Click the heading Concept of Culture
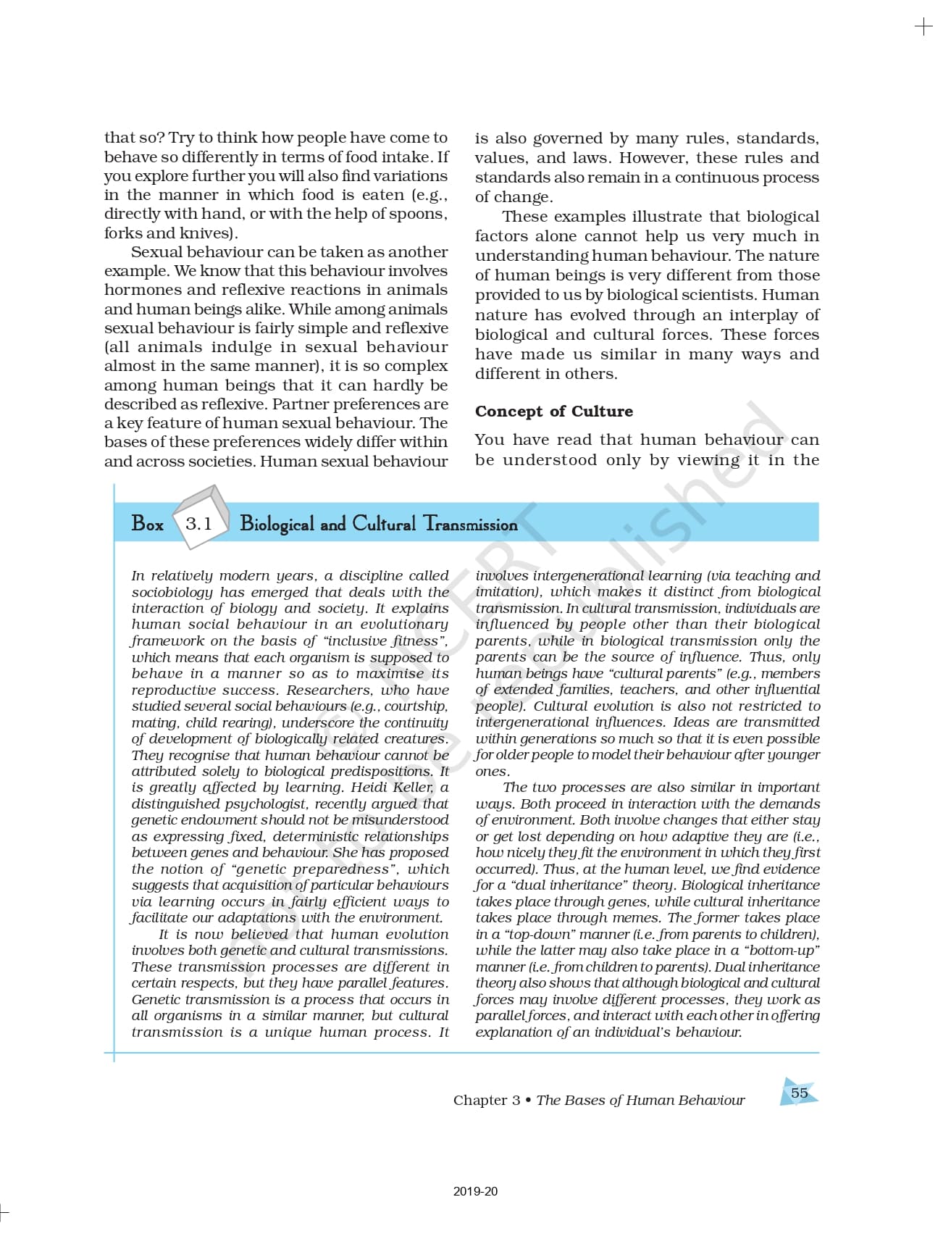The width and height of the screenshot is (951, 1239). tap(553, 411)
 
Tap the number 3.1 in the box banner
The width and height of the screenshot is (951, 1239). tap(198, 523)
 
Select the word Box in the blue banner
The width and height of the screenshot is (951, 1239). tap(148, 523)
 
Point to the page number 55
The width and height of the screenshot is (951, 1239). tap(799, 1093)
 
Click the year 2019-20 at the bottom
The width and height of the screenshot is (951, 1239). tap(475, 1191)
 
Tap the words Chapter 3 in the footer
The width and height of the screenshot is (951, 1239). tap(486, 1100)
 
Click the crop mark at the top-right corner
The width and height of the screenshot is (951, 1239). tap(923, 27)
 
